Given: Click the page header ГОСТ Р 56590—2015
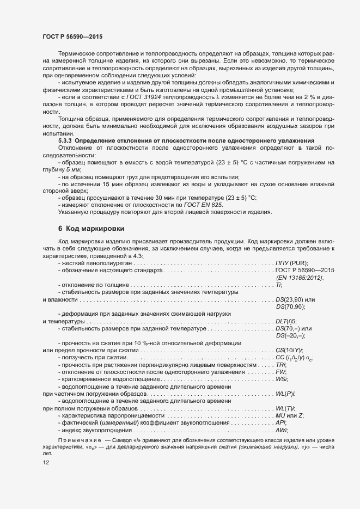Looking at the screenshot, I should pos(72,36).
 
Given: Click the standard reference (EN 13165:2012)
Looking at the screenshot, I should pos(300,278).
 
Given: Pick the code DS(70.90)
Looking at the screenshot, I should pos(290,308).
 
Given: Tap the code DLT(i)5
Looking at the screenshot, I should pos(286,322).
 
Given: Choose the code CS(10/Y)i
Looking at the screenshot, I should pos(289,349).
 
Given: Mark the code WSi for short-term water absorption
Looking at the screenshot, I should pos(282,378).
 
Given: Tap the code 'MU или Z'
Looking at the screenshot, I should pos(290,415).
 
